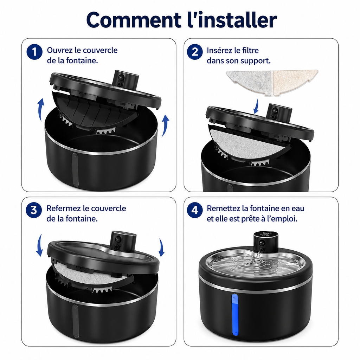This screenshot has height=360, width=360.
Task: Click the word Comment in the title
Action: [134, 20]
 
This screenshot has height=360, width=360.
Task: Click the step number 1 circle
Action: [34, 52]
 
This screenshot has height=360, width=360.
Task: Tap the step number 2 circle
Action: [195, 52]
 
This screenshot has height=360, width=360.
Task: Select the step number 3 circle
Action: [34, 210]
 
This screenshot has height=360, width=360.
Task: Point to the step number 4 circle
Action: [195, 210]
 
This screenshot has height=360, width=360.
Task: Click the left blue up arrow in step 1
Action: [40, 110]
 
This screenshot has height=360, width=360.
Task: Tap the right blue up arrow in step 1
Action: [165, 126]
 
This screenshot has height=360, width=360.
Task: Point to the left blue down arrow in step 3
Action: [39, 245]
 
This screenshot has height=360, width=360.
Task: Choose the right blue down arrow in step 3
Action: [161, 247]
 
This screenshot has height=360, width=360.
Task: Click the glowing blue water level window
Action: [235, 315]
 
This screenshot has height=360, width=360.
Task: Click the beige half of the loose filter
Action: [294, 82]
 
